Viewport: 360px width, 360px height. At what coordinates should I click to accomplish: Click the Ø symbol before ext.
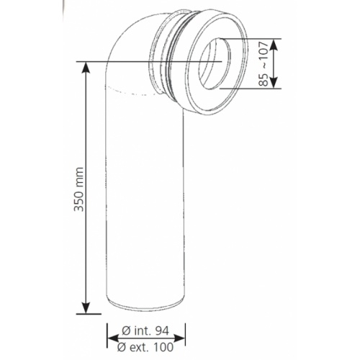tap(121, 346)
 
